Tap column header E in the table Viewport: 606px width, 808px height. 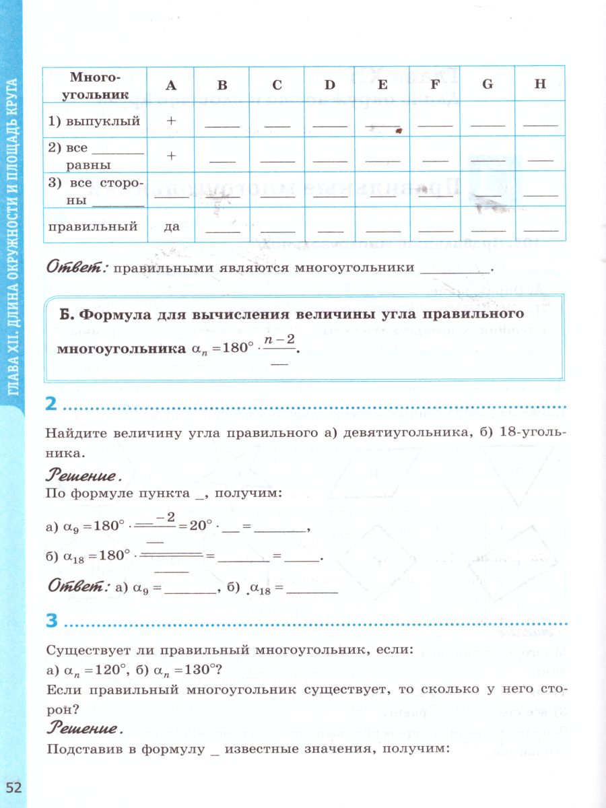click(x=382, y=85)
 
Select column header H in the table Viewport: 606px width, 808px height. click(x=540, y=85)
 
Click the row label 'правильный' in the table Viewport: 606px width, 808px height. click(x=93, y=226)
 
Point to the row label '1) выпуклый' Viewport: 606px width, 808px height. click(x=94, y=121)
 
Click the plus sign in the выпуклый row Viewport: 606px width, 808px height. click(x=171, y=121)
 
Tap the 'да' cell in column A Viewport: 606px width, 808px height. click(x=171, y=226)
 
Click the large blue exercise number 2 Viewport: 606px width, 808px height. click(x=50, y=405)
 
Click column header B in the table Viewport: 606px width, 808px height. click(x=222, y=85)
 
